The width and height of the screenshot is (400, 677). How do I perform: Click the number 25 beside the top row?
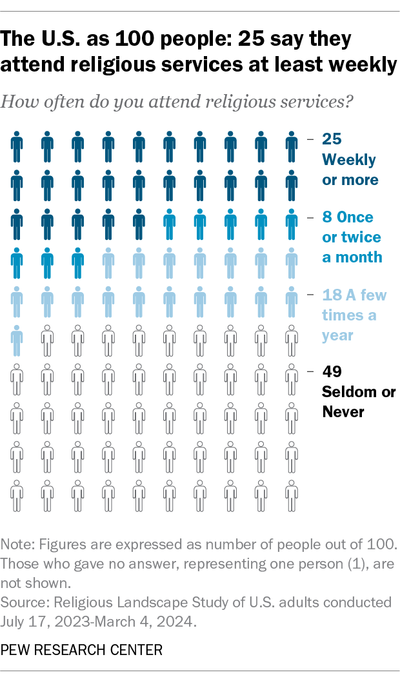[x=332, y=139]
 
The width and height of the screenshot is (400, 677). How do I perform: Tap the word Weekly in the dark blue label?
[x=349, y=159]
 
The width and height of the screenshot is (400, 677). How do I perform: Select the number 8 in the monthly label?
[x=326, y=217]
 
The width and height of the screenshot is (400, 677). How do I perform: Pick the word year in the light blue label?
[x=337, y=335]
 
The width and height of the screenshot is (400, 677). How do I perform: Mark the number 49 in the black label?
[x=332, y=372]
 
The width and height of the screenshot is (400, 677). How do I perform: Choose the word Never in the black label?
[x=343, y=411]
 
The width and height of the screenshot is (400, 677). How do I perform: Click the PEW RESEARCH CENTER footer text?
[x=82, y=649]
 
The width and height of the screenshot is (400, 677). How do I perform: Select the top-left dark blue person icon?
[x=17, y=148]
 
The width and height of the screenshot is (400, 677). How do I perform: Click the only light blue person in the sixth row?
[x=17, y=341]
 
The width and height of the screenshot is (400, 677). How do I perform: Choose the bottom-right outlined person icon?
[x=292, y=496]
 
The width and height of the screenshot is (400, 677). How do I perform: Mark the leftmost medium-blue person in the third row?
[x=170, y=225]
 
